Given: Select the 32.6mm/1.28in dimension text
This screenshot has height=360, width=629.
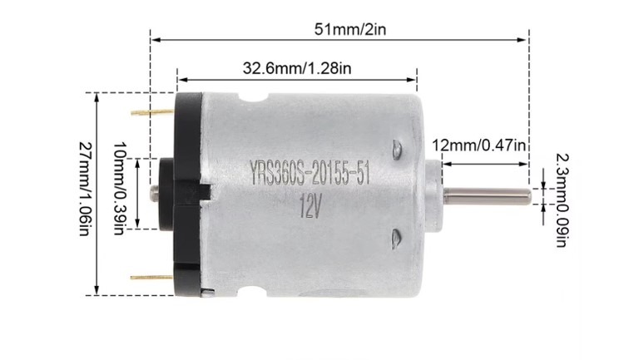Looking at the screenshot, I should click(295, 69).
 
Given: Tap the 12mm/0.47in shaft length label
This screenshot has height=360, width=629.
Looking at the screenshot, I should click(478, 145).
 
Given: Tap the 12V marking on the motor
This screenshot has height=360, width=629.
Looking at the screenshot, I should click(310, 205).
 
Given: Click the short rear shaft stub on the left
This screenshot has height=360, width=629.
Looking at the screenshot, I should click(155, 192).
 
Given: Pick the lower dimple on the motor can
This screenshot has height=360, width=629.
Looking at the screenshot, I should click(397, 239).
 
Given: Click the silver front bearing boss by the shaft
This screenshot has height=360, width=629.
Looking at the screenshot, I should click(438, 193).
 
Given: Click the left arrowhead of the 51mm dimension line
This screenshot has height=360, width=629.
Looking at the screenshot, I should click(154, 37).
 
